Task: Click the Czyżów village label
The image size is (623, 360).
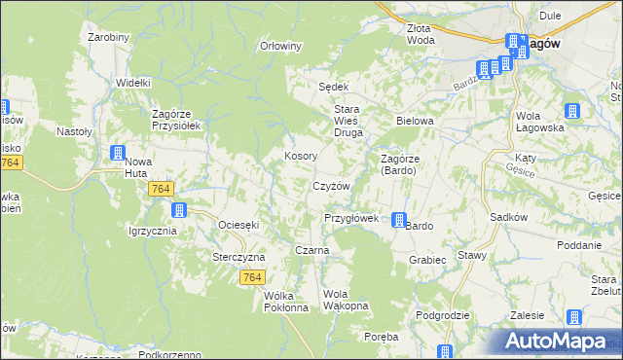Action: coord(331,186)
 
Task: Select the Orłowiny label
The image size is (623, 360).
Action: coord(281,46)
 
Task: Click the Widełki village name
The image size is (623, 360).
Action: coord(132,84)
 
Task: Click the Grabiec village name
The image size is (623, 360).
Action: coord(427,260)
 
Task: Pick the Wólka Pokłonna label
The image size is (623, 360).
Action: coord(285,302)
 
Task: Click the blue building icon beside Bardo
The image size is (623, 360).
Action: coord(399,221)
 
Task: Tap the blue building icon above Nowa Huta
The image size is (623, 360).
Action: coord(118,153)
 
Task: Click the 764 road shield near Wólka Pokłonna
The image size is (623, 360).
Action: coord(251,278)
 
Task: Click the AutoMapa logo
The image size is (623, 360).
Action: coord(559,340)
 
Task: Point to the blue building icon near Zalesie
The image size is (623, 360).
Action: coord(574,317)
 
